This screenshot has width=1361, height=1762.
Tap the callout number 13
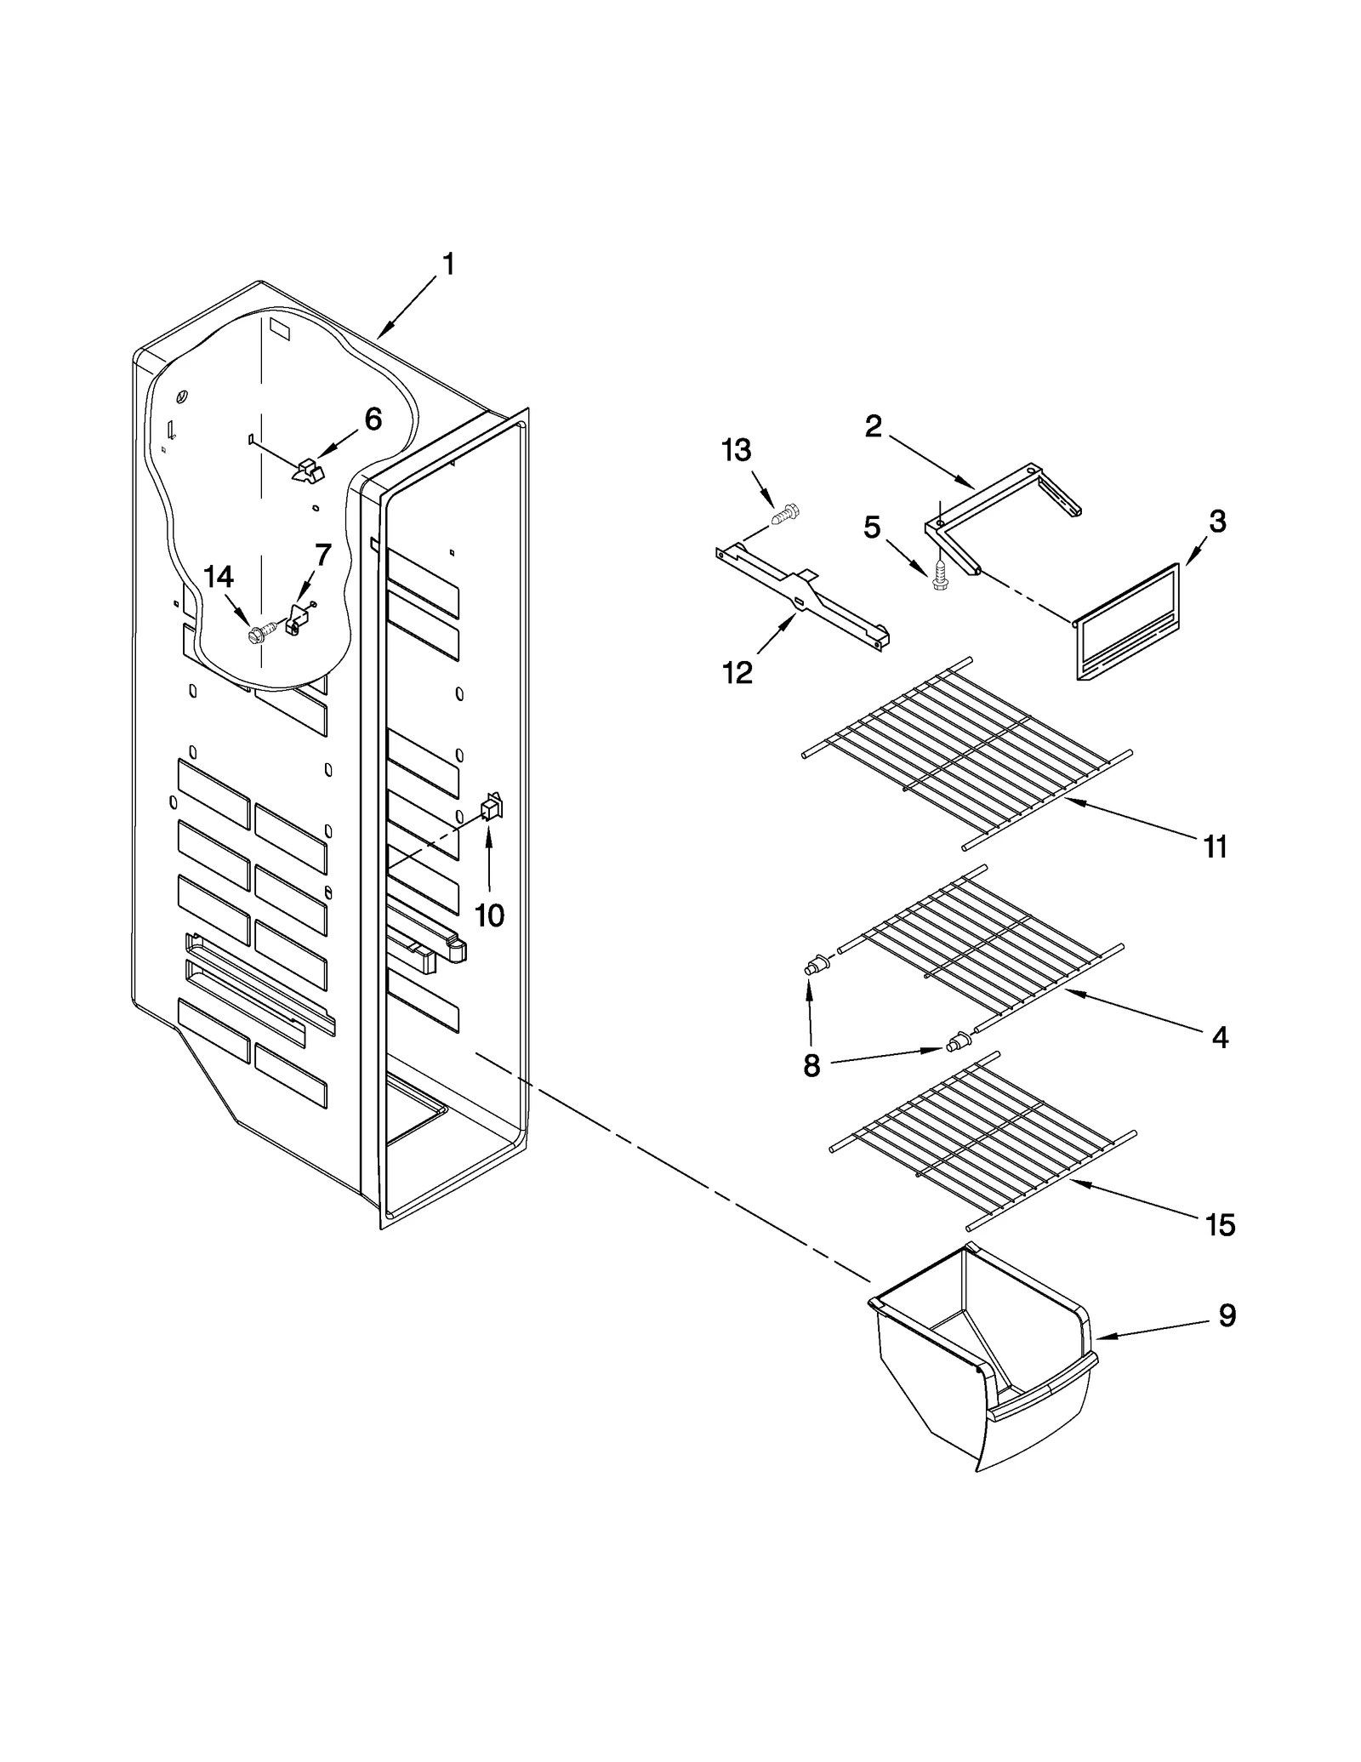pos(737,450)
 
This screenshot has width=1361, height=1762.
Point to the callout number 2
pos(874,426)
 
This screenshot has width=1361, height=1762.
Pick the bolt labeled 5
pos(939,576)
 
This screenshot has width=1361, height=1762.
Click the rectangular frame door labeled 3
pos(1128,622)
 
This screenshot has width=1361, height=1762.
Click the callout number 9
pos(1227,1315)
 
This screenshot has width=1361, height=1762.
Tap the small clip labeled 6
pos(310,470)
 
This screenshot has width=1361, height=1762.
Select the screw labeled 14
pos(258,633)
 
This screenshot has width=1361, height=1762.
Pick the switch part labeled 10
pos(492,806)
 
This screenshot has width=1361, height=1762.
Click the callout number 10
pos(489,915)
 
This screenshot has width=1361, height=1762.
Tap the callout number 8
pos(811,1064)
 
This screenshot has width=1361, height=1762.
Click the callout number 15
pos(1219,1225)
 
